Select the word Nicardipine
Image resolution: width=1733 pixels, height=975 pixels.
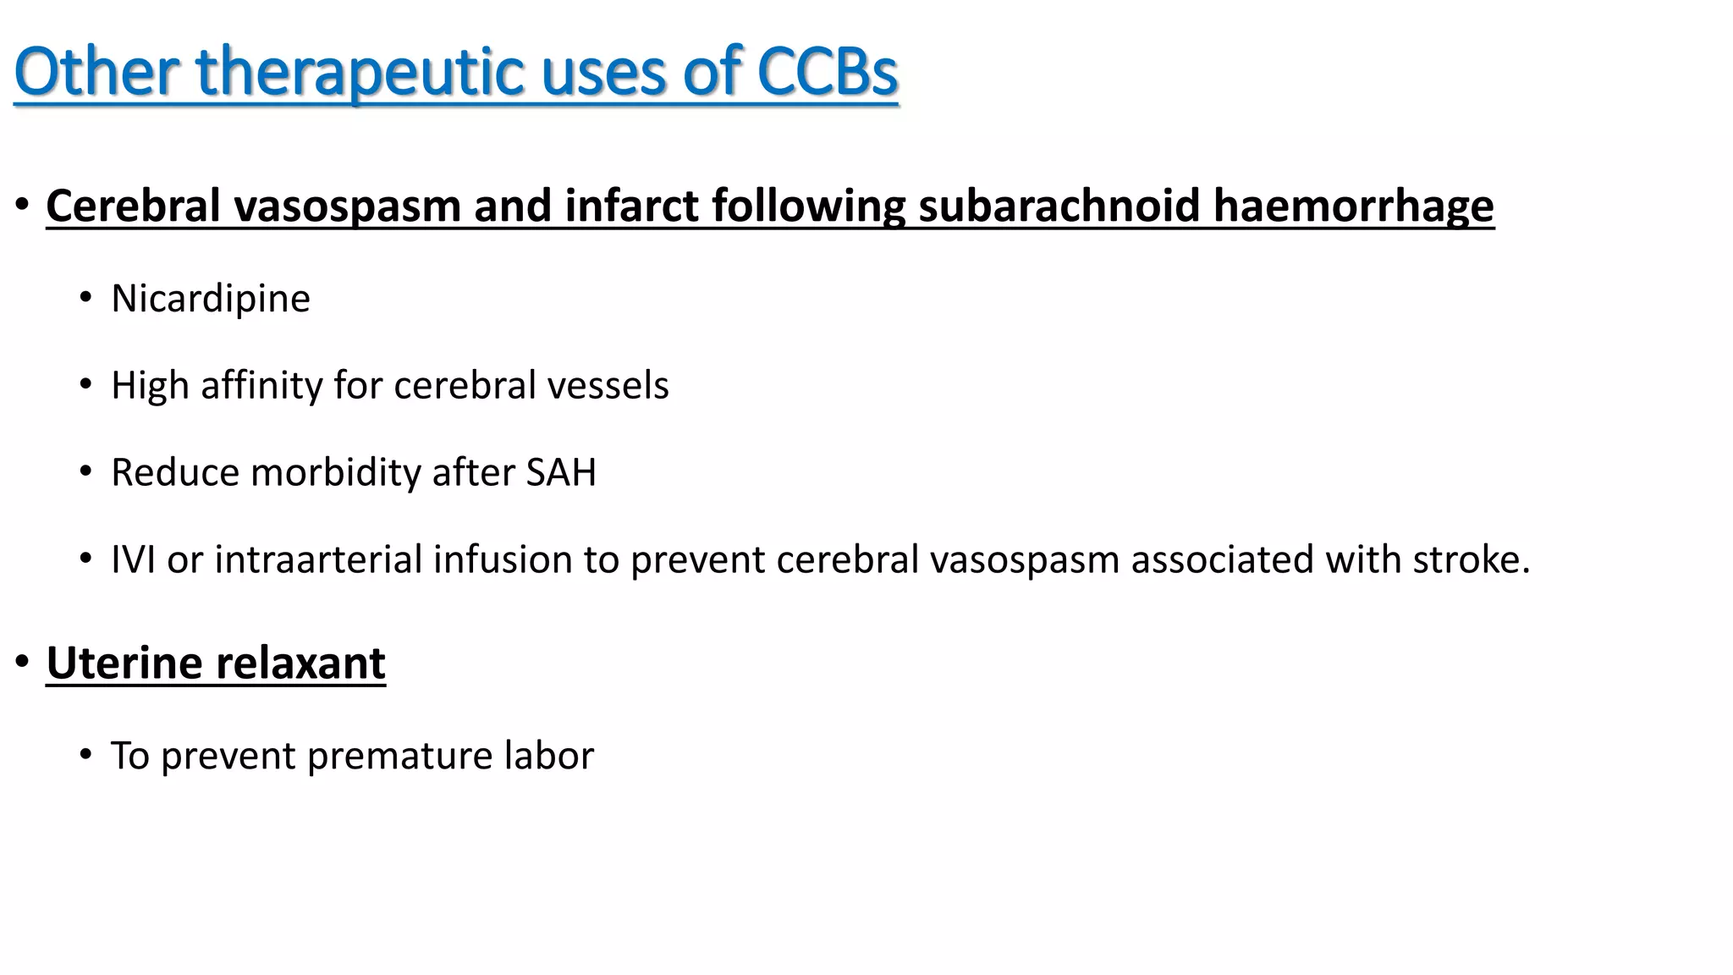pos(211,299)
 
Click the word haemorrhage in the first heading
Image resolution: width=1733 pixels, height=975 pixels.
pos(1354,207)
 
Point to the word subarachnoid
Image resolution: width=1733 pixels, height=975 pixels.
pos(1059,207)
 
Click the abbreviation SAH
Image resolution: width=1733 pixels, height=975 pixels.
pos(561,472)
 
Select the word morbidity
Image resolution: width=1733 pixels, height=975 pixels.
pos(336,472)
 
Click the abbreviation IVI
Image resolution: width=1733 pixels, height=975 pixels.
pos(134,559)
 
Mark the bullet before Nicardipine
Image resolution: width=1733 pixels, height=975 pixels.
pos(85,298)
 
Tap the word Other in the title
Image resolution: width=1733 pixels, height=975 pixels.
pos(96,71)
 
